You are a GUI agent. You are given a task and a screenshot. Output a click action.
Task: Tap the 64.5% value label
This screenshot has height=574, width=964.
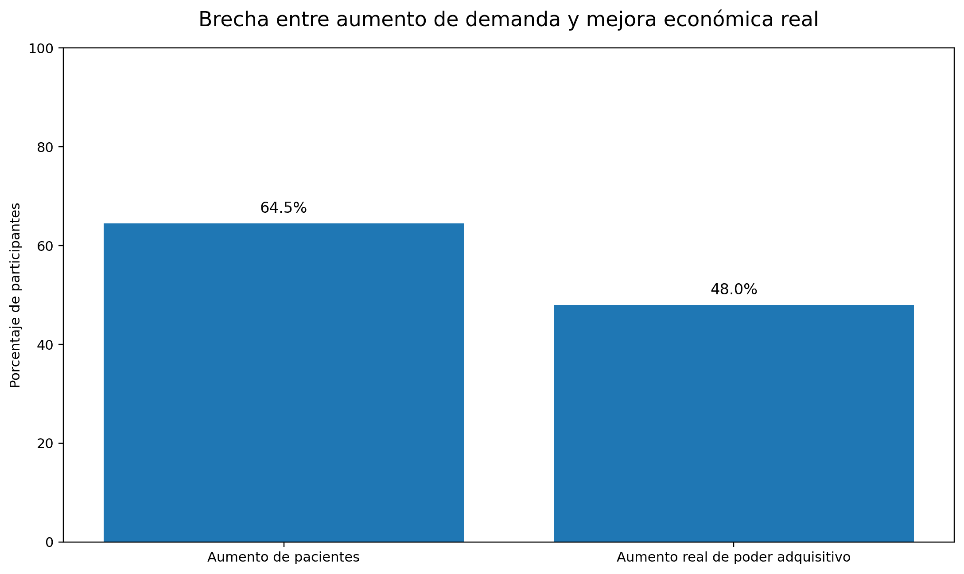pos(284,208)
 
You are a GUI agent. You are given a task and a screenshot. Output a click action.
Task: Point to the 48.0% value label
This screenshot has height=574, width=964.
pos(734,289)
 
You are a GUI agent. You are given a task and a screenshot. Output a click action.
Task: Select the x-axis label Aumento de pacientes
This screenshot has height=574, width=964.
pos(284,557)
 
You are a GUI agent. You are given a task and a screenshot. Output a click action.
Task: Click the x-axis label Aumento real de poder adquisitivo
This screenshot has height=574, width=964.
pos(734,557)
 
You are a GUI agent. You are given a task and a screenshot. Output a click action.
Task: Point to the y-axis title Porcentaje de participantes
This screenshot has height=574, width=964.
pos(16,295)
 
